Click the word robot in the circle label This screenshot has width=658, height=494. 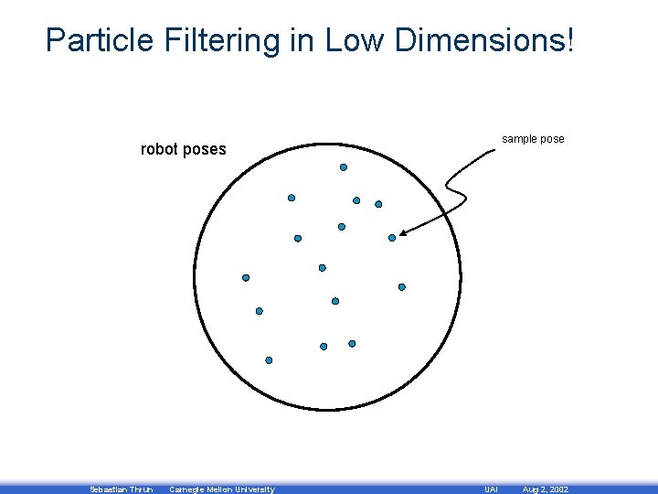click(x=159, y=149)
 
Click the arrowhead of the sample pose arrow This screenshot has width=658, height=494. click(x=403, y=233)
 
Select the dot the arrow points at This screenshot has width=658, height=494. click(x=392, y=238)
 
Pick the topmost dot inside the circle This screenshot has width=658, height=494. click(x=344, y=167)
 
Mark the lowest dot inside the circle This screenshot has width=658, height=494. click(x=269, y=360)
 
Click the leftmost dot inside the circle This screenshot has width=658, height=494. click(x=245, y=277)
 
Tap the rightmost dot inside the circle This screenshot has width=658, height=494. click(x=401, y=286)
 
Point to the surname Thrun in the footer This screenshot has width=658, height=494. click(x=142, y=489)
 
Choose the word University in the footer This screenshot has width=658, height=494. click(x=251, y=489)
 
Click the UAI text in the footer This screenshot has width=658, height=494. click(x=490, y=489)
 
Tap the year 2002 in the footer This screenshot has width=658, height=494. click(x=557, y=489)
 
